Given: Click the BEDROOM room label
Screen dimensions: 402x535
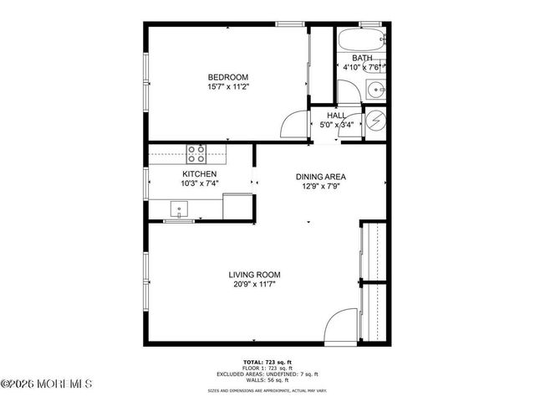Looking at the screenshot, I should tap(228, 77).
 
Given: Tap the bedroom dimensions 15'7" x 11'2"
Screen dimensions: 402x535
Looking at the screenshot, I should tap(228, 86).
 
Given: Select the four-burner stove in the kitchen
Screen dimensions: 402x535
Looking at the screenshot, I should tap(196, 152).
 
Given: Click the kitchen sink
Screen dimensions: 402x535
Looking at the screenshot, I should tap(179, 208).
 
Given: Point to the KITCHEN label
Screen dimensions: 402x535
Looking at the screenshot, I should tap(187, 174).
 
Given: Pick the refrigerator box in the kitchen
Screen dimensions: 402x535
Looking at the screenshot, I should tap(238, 206).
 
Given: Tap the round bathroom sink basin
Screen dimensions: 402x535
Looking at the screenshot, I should tap(374, 86).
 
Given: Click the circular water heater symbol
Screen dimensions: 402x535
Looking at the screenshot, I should tap(376, 121).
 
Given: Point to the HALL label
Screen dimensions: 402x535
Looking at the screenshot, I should tap(337, 116).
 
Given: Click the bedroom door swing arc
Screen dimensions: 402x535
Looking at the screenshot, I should tap(293, 126).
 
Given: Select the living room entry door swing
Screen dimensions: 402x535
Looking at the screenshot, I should tap(342, 327).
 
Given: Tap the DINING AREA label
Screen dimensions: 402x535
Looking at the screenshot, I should tap(320, 177).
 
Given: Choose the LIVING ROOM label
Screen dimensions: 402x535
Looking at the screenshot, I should tap(255, 275).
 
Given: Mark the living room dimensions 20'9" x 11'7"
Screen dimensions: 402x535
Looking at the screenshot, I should tap(255, 285).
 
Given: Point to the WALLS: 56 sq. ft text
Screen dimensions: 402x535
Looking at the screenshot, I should tap(267, 379).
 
